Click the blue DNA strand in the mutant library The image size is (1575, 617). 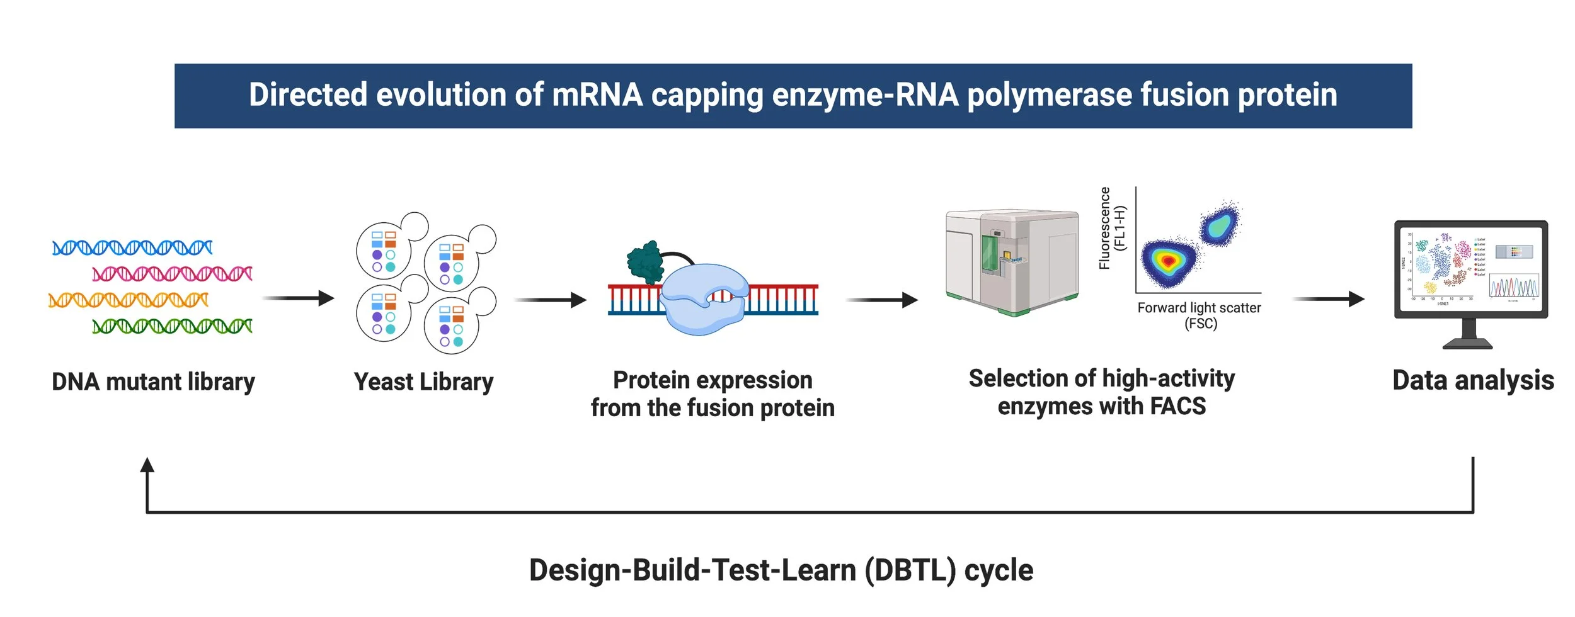pos(132,247)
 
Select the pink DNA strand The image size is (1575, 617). pos(172,274)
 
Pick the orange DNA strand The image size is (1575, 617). pos(128,300)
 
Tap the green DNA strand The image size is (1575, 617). pos(172,326)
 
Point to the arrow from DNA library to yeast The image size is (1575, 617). pos(299,298)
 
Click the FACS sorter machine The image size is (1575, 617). pos(1011,262)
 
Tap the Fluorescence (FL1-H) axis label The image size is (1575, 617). pos(1111,229)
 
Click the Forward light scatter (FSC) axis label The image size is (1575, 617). pos(1199,315)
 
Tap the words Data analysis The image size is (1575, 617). pos(1473,381)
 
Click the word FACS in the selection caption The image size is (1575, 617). pos(1177,407)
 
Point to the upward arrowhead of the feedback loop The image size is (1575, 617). pos(147,466)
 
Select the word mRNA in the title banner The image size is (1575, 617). pos(597,95)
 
